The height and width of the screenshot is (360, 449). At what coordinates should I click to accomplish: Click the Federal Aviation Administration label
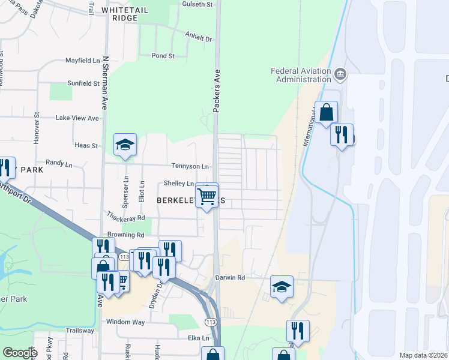click(301, 75)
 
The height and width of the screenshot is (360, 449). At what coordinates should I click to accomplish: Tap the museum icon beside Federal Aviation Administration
click(341, 74)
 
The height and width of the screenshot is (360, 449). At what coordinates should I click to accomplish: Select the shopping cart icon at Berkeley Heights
click(207, 194)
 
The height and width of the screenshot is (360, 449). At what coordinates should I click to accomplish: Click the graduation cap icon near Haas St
click(125, 145)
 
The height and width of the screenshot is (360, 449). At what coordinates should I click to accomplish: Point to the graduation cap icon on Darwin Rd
click(282, 287)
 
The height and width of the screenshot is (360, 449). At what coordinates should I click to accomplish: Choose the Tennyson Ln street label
click(190, 166)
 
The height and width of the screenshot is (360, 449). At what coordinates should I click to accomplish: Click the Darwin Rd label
click(231, 278)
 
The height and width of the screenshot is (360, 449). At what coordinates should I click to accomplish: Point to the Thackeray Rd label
click(125, 218)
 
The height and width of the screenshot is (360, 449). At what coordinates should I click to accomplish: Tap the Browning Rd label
click(126, 235)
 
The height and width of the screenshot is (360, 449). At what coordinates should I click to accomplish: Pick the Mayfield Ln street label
click(83, 61)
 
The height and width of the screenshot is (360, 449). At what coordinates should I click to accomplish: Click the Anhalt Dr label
click(199, 38)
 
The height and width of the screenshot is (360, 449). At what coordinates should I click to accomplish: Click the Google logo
click(20, 353)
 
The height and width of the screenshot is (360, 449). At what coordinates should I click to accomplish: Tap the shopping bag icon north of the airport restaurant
click(326, 112)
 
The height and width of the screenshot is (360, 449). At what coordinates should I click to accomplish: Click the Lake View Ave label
click(77, 118)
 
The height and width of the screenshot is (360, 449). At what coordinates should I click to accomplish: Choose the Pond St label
click(163, 56)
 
